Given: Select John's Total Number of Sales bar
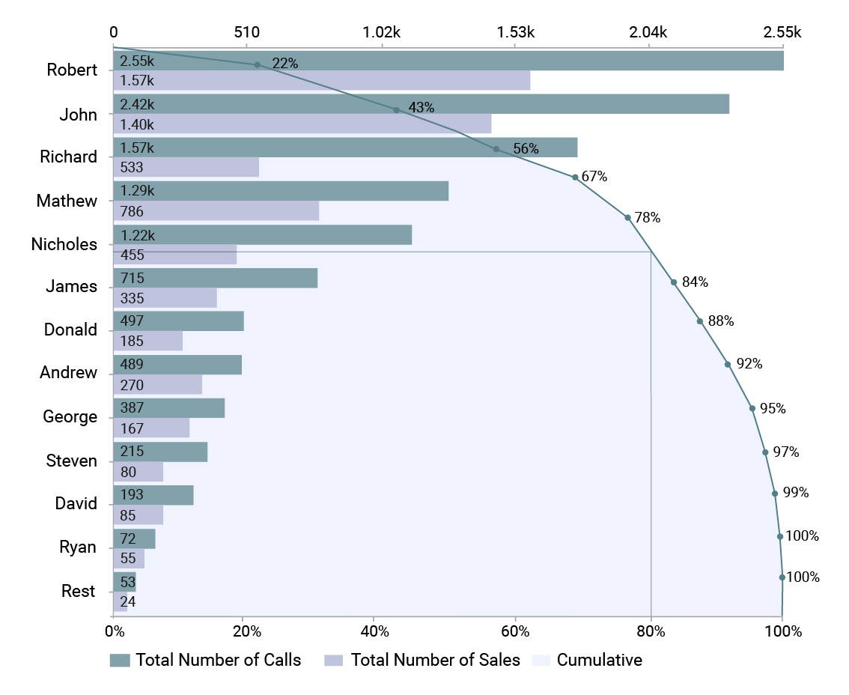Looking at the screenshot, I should [302, 124].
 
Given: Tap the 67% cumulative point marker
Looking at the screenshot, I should [574, 177].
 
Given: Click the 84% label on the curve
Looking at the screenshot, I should [695, 282].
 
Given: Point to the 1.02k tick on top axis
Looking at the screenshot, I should [382, 32].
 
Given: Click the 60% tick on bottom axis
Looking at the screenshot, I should [516, 631].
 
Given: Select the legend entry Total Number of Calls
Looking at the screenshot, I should [205, 660].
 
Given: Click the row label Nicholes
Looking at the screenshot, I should [64, 244].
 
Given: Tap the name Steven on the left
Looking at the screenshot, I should [71, 461].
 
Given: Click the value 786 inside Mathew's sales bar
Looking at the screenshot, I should [132, 212].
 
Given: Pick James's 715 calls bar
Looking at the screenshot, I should [216, 278].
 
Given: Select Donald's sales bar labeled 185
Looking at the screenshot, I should [147, 342].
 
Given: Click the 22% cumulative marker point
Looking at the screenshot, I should [257, 64].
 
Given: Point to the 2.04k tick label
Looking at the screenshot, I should [648, 32].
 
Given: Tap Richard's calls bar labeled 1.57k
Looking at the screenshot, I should [344, 148].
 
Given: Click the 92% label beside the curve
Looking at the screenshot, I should [749, 364].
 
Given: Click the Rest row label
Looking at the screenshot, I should [78, 592].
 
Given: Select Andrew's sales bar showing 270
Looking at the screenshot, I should [157, 385].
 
